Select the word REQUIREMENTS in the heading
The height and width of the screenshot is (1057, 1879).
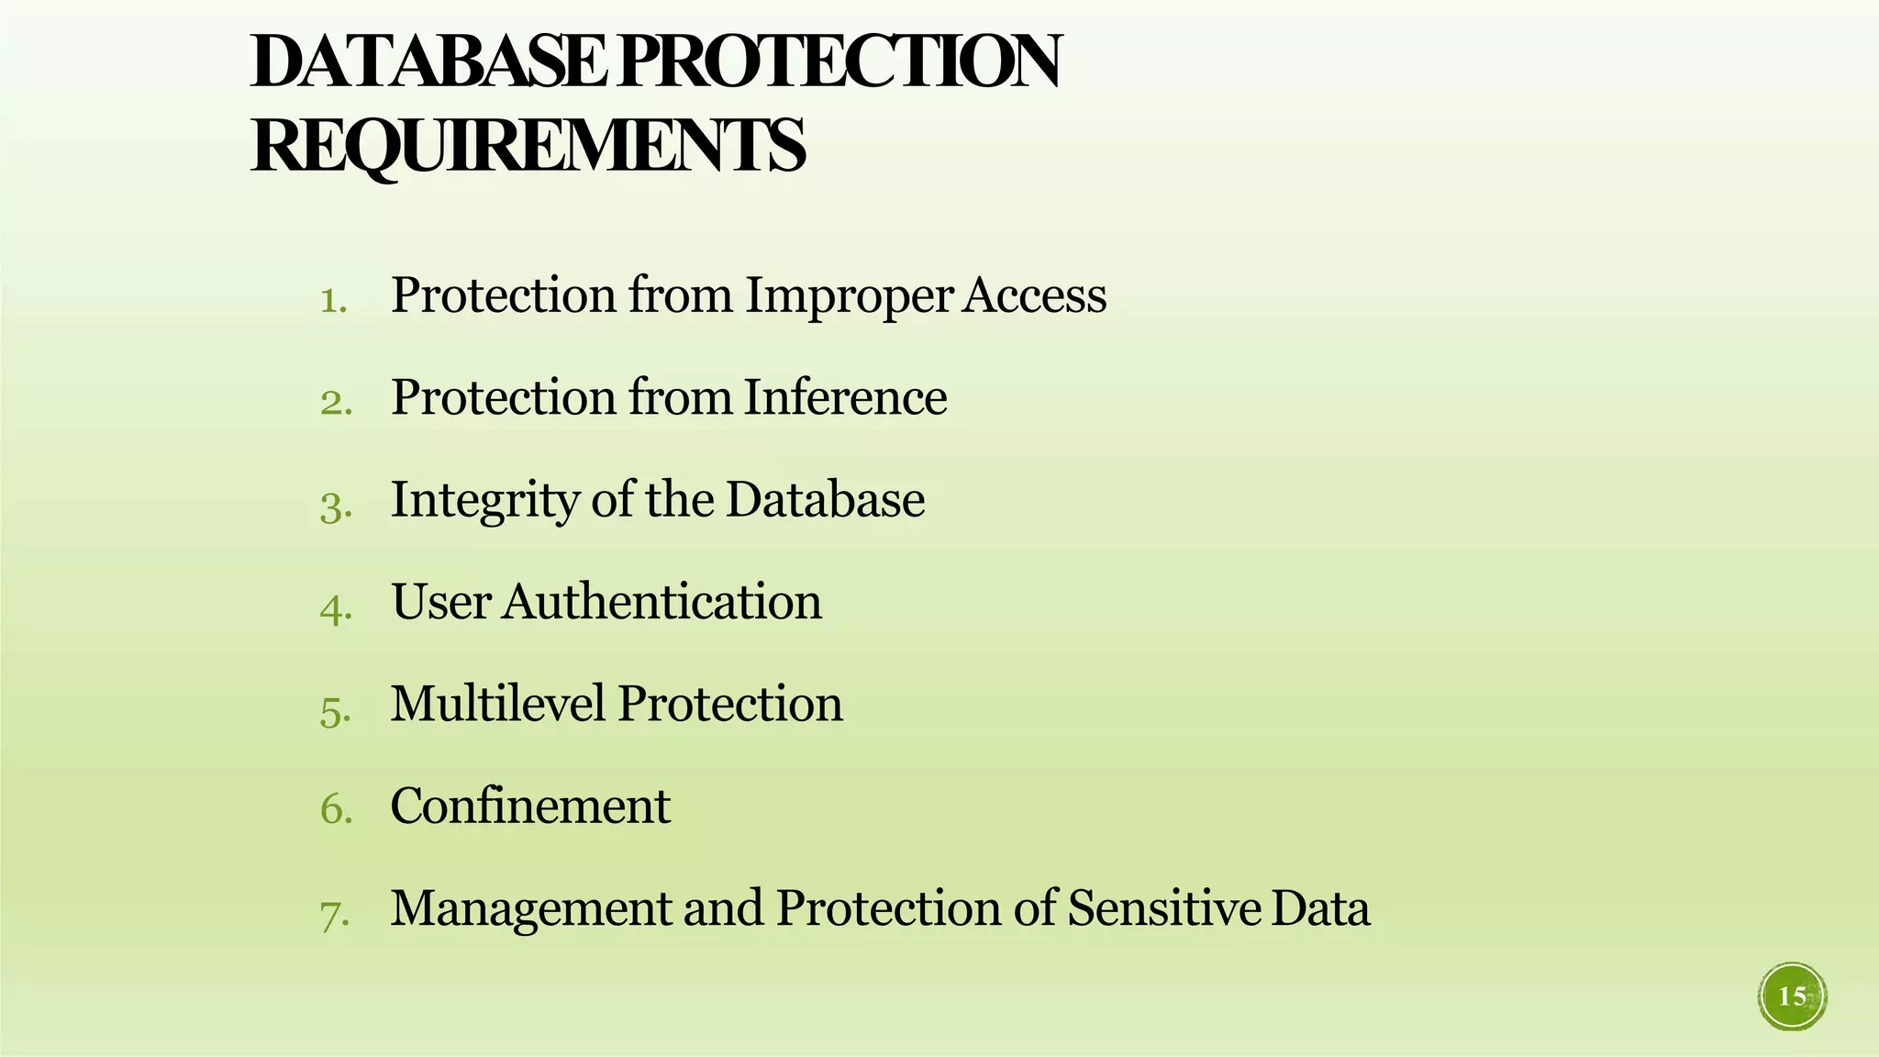528,145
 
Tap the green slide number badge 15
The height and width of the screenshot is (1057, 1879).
1792,996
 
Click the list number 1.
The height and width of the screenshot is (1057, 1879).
333,300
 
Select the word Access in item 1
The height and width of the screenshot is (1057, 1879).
1035,295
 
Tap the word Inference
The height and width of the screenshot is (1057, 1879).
845,397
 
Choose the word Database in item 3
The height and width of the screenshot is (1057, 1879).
825,499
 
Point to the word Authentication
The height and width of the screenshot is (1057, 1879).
662,602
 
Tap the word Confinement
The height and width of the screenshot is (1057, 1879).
530,806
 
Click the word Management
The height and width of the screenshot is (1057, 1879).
531,909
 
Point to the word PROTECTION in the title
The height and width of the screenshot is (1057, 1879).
839,61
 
